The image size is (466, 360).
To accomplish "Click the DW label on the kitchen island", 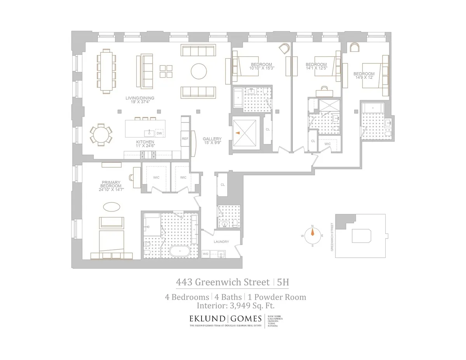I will coord(159,133).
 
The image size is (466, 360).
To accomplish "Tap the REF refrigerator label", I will coord(185,138).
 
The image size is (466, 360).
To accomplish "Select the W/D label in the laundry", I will coord(206,254).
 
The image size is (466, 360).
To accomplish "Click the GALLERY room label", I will coord(212,139).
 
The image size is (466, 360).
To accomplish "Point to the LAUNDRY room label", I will coord(221,242).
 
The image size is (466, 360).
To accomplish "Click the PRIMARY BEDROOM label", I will coord(111,184).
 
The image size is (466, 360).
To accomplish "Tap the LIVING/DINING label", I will coord(140,98).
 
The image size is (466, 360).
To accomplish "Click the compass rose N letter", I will coord(312,225).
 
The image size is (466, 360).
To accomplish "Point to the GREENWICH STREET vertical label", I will coord(332,237).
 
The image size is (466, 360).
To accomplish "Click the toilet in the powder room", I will coord(235,223).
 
